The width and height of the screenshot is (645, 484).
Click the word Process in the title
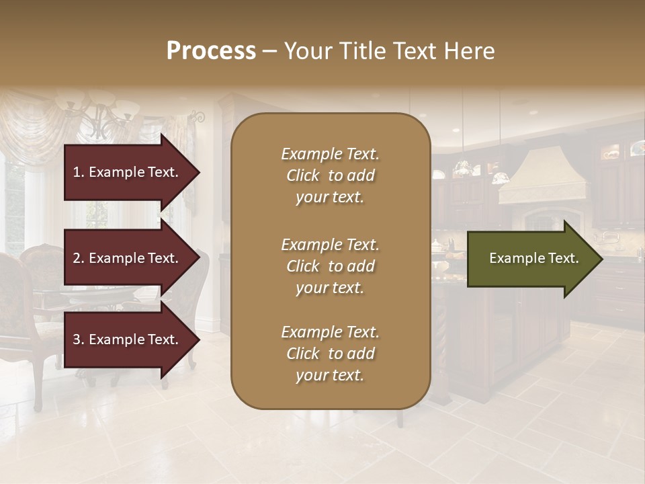coord(211,51)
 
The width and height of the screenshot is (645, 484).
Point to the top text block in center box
coord(330,175)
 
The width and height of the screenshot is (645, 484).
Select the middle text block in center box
coord(330,266)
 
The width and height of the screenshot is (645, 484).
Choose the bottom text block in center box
coord(330,354)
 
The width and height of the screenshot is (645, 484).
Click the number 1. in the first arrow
coord(78,172)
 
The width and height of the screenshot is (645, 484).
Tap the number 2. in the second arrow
coord(78,258)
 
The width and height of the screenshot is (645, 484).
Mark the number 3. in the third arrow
coord(78,339)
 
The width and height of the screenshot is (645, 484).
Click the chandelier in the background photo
coord(101,114)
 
